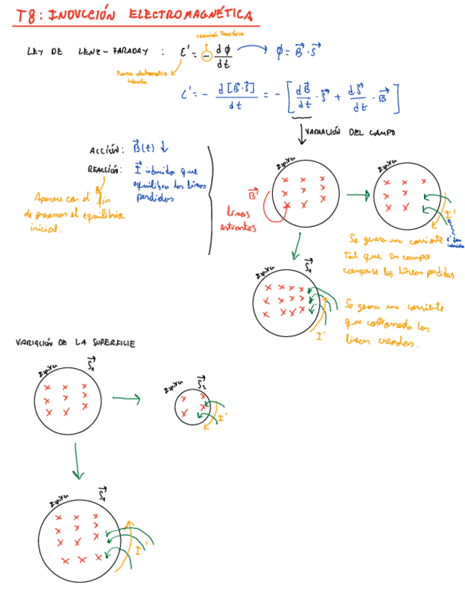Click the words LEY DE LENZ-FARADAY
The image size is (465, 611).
[x=86, y=51]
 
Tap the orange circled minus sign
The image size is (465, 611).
[x=207, y=55]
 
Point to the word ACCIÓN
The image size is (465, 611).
[x=107, y=151]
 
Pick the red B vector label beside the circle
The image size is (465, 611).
[x=253, y=195]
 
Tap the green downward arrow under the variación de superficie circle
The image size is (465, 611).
[x=78, y=462]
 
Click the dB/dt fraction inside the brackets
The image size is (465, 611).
[x=303, y=97]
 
